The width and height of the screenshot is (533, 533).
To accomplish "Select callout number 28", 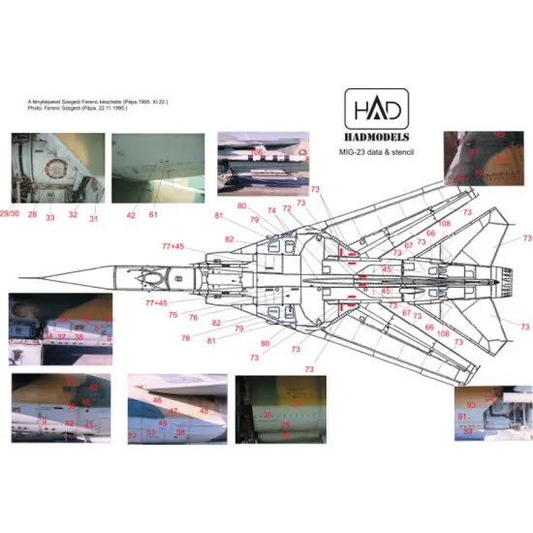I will [x=31, y=214].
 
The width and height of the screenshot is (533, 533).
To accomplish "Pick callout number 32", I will [x=73, y=214].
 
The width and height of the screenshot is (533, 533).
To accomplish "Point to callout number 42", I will [x=131, y=214].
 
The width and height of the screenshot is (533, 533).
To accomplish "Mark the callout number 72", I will [x=286, y=208].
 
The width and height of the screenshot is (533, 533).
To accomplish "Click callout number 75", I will [x=172, y=314].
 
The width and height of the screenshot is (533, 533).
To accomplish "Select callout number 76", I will [x=193, y=317].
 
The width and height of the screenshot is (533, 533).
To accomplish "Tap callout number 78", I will [x=185, y=337].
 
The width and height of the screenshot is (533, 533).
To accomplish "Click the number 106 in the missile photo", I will [x=258, y=152].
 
